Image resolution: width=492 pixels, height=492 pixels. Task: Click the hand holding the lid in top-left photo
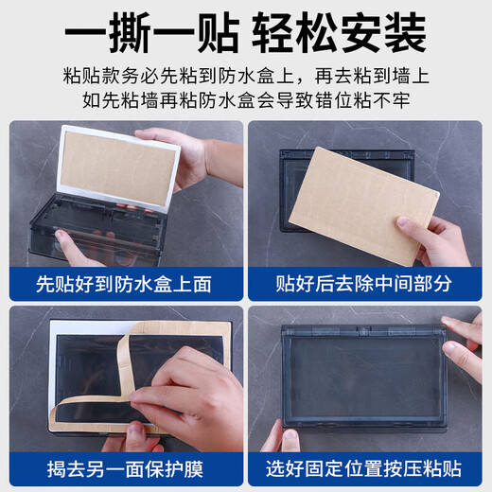pos(184,156)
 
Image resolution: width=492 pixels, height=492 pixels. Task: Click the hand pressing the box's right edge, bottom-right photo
pos(466,341)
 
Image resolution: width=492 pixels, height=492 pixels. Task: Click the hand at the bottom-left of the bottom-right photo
pos(281,437)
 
